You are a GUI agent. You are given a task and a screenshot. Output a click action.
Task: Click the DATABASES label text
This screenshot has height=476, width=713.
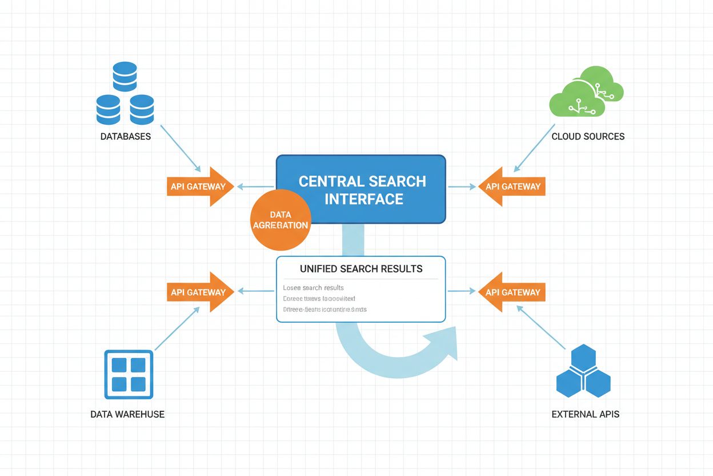[125, 137]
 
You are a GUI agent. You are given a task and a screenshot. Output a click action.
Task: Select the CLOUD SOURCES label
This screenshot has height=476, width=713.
[588, 137]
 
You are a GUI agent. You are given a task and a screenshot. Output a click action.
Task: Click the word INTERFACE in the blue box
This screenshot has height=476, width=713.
[364, 199]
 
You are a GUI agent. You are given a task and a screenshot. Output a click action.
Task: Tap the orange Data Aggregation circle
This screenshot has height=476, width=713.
[279, 220]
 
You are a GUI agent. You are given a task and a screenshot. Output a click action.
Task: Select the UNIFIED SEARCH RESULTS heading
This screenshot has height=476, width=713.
[361, 269]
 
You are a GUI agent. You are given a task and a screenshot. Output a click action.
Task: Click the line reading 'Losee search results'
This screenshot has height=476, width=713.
[314, 288]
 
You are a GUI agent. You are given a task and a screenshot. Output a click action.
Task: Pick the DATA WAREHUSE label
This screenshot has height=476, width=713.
[127, 414]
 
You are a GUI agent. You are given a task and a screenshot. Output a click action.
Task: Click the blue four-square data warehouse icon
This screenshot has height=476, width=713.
[129, 374]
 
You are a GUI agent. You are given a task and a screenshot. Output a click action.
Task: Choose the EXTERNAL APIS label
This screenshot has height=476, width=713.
[585, 414]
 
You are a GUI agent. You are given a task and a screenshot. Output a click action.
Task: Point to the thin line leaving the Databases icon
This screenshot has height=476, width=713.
[180, 148]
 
